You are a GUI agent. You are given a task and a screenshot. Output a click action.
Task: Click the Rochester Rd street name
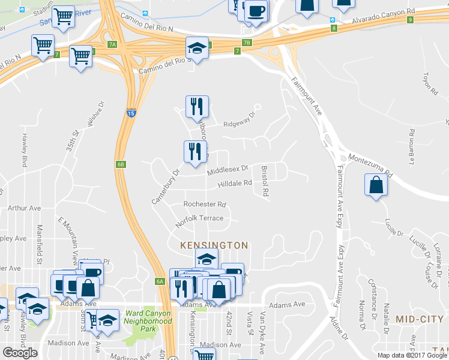coord(205,204)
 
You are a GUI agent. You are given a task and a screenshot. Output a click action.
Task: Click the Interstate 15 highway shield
coord(131,112)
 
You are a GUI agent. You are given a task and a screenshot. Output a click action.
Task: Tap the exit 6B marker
coord(121,164)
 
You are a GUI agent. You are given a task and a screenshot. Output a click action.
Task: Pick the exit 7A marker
coord(112,44)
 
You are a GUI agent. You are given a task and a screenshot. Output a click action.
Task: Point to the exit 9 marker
coord(410,20)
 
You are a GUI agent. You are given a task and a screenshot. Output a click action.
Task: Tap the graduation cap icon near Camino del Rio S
coord(196,47)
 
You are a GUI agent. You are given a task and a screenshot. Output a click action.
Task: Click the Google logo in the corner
coord(20,353)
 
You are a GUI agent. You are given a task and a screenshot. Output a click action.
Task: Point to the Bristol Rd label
coord(264,182)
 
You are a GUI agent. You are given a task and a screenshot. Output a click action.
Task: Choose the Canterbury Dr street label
coord(166,186)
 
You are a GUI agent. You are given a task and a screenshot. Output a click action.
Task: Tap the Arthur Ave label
coord(24,208)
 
